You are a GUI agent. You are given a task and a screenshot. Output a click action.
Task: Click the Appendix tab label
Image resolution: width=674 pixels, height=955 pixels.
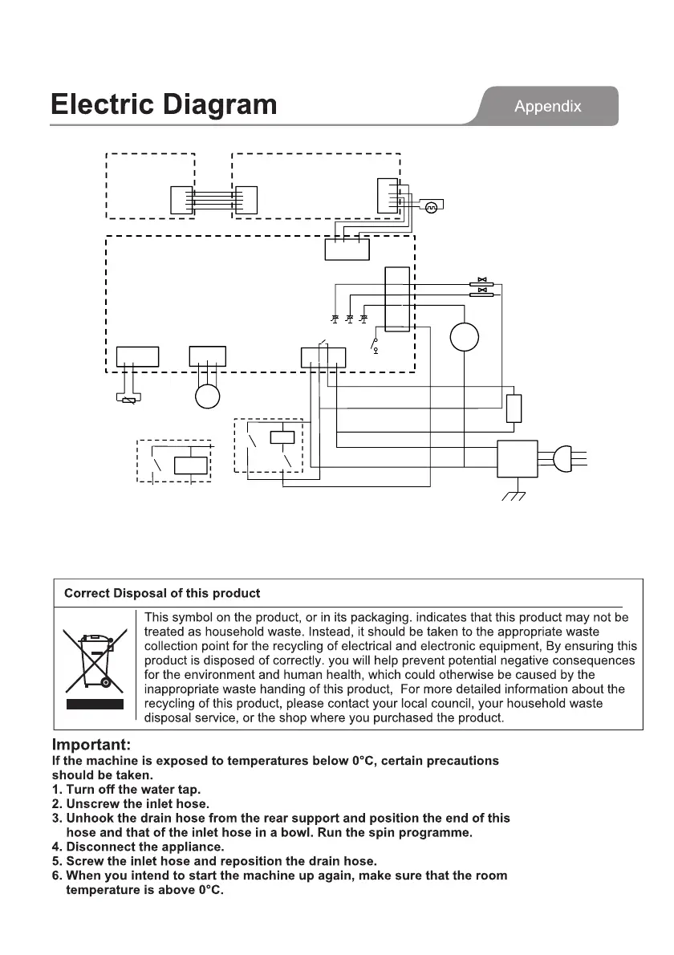click(x=547, y=106)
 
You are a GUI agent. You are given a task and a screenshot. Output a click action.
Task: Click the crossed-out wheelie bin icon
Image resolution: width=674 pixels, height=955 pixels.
click(x=95, y=657)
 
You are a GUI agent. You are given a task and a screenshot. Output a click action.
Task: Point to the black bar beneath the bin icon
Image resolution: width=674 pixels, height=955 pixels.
click(x=95, y=704)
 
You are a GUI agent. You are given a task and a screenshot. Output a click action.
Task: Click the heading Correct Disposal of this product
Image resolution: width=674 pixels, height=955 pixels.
click(x=162, y=594)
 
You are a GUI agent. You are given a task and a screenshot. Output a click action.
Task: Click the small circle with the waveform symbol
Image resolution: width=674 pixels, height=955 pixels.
click(x=429, y=207)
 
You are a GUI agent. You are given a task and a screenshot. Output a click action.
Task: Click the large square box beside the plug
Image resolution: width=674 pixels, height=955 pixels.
click(x=518, y=459)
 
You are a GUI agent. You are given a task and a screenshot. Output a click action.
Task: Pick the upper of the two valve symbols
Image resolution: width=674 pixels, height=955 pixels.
click(x=482, y=282)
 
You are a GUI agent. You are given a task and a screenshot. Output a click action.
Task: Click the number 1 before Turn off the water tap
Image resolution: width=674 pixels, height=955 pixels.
click(x=56, y=790)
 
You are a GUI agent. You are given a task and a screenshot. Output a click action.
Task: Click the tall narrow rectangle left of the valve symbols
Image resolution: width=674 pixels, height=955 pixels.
click(x=397, y=299)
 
